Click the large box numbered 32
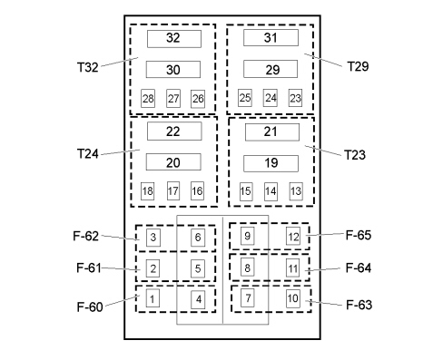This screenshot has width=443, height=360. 174,39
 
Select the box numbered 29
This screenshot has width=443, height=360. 271,69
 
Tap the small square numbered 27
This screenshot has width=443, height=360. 173,98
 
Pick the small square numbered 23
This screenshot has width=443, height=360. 295,98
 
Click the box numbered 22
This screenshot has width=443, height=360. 174,131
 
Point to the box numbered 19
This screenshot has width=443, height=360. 271,163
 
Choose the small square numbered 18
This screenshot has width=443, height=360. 147,191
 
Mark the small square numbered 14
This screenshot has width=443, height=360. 271,191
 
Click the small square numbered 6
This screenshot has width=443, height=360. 198,238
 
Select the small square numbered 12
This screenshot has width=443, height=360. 293,237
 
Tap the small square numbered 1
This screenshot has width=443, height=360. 153,298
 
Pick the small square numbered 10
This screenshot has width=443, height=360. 293,298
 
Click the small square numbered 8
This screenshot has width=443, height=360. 247,267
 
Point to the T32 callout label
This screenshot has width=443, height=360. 88,67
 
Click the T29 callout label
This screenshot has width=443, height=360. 358,66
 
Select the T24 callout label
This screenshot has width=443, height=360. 88,153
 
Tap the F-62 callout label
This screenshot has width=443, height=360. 86,236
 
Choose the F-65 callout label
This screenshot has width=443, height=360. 359,235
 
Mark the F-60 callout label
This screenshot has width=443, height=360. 90,306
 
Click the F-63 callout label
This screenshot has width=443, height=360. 359,305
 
